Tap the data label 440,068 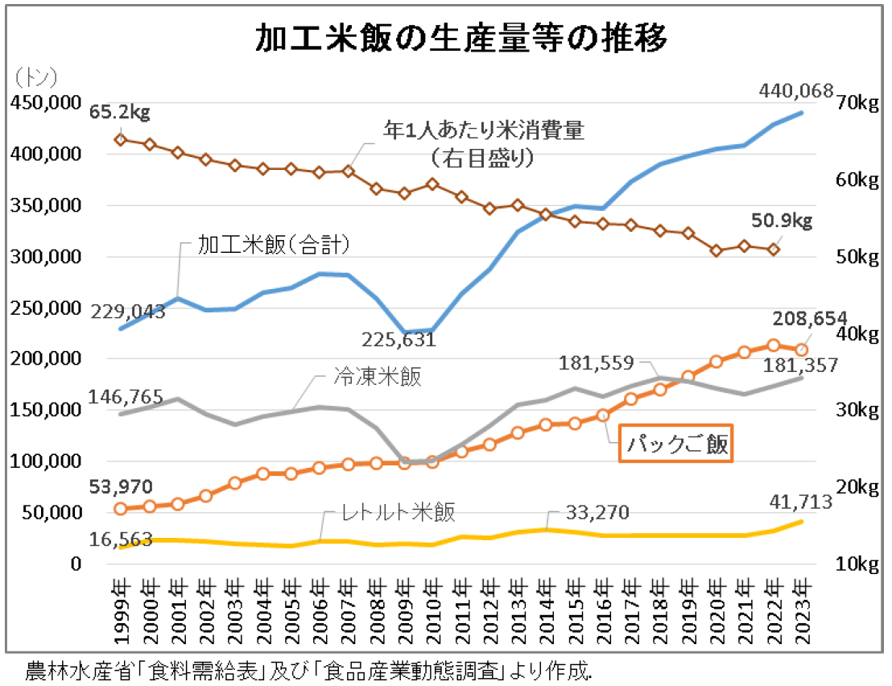pos(795,93)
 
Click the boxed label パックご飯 pos(675,444)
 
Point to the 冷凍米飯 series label pos(377,377)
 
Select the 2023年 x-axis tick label pos(803,611)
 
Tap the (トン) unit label pos(36,77)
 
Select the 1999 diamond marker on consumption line pos(121,139)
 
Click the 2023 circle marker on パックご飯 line pos(802,350)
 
